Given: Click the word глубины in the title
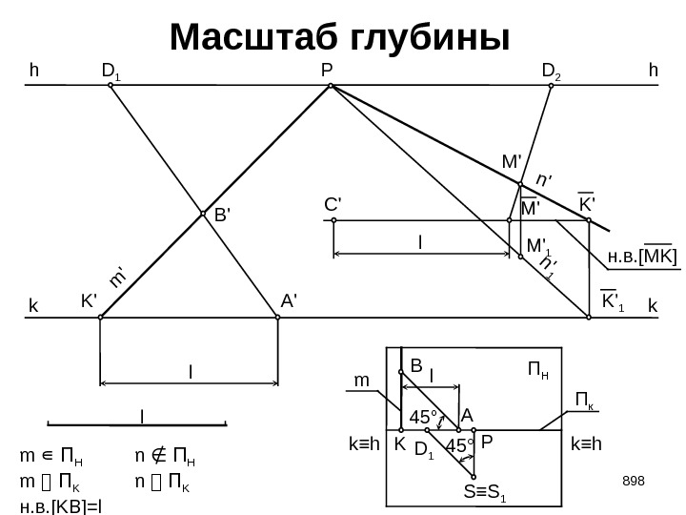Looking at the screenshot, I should pyautogui.click(x=432, y=38).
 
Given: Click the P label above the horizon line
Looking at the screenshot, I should pyautogui.click(x=327, y=70).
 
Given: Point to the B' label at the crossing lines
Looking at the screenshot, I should pyautogui.click(x=221, y=216).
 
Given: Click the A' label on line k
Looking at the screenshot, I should pyautogui.click(x=290, y=299).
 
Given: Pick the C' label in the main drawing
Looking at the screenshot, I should pyautogui.click(x=333, y=203).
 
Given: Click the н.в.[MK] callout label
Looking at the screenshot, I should pyautogui.click(x=642, y=257).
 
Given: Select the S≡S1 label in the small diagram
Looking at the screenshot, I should pyautogui.click(x=485, y=493).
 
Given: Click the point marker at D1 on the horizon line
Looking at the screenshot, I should pyautogui.click(x=111, y=85).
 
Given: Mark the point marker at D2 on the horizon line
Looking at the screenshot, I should pyautogui.click(x=551, y=85).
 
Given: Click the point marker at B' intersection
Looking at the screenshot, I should pyautogui.click(x=203, y=215).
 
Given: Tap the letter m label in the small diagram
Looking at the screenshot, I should pyautogui.click(x=361, y=381).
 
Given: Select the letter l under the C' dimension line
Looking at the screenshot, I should pyautogui.click(x=420, y=243).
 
